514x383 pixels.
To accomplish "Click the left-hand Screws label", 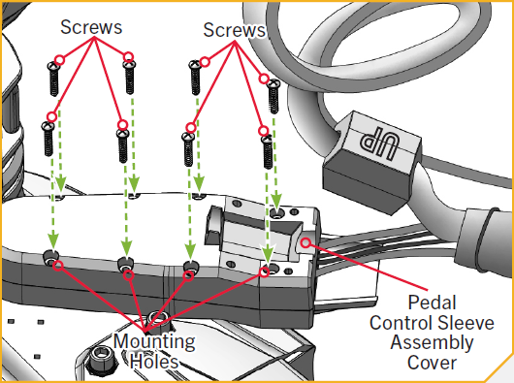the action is (91, 27).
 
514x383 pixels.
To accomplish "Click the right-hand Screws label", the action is (234, 30).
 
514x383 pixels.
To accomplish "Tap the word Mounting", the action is (154, 341).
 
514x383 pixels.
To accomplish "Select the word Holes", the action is (154, 361).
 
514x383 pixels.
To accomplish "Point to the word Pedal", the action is (432, 303).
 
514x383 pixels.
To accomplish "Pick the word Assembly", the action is (432, 342).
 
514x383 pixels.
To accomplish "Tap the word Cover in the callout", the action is (432, 363).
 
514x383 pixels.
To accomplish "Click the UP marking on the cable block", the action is (379, 142).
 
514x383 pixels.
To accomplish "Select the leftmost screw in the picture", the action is (48, 139).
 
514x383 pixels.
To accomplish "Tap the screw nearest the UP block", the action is (273, 97).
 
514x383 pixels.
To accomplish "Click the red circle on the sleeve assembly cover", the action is (305, 242).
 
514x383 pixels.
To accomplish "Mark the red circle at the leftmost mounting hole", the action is (58, 266).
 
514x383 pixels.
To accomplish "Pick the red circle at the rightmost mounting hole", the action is (264, 271).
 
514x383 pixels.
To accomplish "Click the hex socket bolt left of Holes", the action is (101, 358).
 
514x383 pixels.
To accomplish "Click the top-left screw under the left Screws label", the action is (53, 80).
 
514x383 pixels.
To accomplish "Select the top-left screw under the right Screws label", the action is (195, 78).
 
